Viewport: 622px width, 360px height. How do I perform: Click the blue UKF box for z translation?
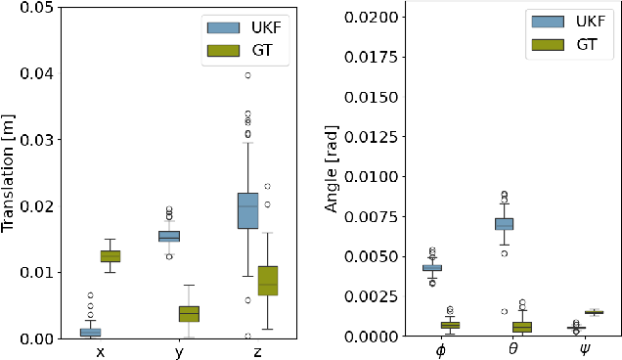(x=247, y=211)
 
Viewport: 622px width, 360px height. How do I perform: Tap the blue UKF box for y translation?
(x=168, y=236)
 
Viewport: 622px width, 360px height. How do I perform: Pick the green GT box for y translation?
(x=189, y=313)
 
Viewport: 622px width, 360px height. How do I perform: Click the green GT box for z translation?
(x=267, y=280)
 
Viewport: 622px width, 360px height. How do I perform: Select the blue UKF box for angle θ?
(x=504, y=224)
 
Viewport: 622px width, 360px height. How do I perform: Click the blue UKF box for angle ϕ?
(x=431, y=267)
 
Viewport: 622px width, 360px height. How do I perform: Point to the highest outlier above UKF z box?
(x=247, y=75)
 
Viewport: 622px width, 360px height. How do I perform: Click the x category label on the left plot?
(x=101, y=352)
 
